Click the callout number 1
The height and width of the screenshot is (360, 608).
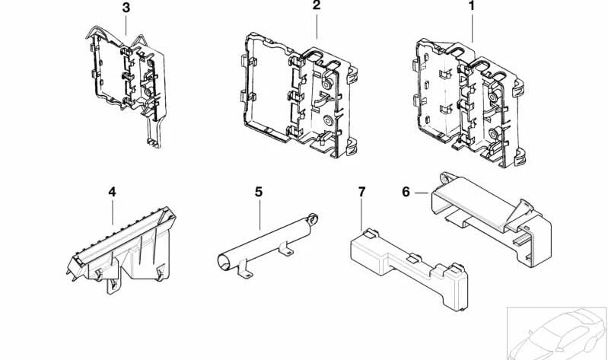[x=471, y=7]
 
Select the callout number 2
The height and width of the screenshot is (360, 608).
[x=317, y=7]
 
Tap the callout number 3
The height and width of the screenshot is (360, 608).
[x=126, y=8]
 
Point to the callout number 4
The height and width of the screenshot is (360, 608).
[x=112, y=192]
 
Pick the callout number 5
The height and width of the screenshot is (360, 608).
[x=259, y=192]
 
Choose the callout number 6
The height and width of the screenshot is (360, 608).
[x=406, y=192]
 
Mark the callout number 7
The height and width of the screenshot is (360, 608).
[x=361, y=192]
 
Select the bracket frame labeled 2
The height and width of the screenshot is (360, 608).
[x=297, y=95]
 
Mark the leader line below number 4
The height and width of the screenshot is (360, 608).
[x=112, y=212]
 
